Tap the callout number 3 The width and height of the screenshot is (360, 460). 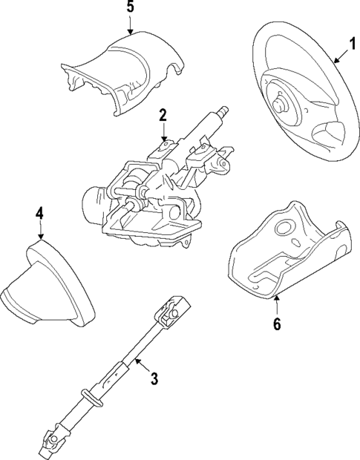(x=154, y=379)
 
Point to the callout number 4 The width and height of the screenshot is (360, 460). (x=39, y=214)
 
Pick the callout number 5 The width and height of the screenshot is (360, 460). (x=130, y=10)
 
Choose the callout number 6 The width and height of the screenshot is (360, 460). (x=277, y=324)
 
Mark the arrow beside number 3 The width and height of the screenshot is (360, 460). (x=140, y=366)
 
